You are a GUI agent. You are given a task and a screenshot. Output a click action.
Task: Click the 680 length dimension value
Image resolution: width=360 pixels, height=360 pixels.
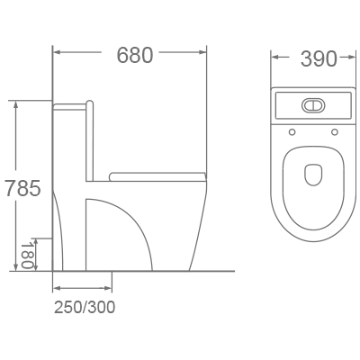[134, 56]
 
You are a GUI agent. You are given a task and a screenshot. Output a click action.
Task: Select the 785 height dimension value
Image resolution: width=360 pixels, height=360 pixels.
[22, 190]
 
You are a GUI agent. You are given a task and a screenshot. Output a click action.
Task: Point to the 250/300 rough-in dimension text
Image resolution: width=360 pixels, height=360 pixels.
[84, 307]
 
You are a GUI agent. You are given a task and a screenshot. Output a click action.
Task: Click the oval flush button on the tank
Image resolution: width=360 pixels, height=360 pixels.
[312, 104]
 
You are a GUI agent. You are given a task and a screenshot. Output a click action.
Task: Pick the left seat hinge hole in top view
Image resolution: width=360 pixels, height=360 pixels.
[293, 133]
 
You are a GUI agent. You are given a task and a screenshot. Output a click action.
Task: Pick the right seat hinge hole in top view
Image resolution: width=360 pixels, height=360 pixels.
[333, 133]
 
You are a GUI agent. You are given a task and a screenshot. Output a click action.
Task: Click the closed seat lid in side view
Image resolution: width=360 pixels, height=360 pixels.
[157, 174]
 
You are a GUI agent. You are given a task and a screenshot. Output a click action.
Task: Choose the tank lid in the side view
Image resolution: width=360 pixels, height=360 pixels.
[72, 106]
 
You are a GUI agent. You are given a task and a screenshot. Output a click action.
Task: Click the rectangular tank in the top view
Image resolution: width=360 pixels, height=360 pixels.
[312, 106]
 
